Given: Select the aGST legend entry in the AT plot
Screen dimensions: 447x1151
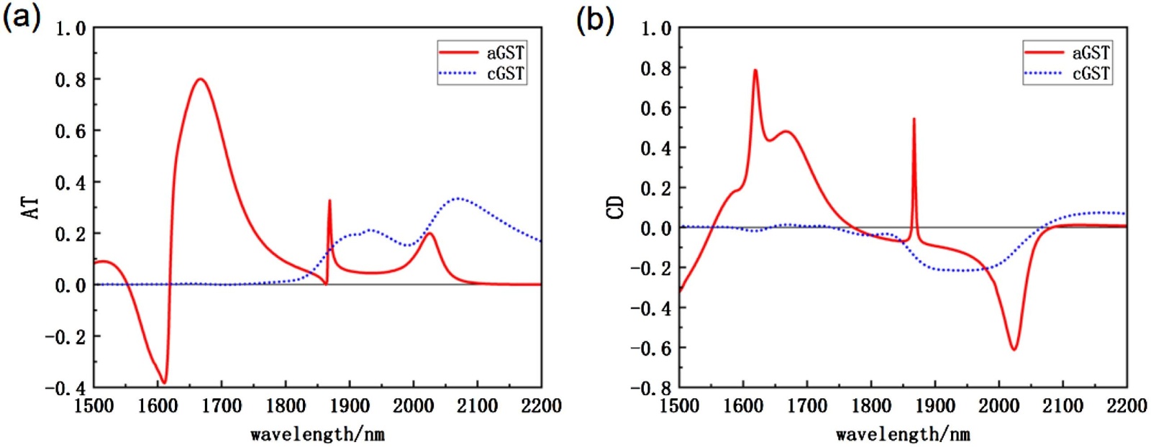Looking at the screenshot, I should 482,53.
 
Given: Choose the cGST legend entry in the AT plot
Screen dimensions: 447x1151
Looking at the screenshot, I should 482,73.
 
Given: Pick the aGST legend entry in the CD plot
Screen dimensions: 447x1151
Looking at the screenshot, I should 1068,53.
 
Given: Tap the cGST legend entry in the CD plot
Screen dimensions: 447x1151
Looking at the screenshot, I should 1068,73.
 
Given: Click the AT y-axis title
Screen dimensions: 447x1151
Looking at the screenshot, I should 31,208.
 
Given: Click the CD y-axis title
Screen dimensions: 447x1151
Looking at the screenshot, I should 616,208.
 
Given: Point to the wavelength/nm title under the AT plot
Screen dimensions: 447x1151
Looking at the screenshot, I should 317,434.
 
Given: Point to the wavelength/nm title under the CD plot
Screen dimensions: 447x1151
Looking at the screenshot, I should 903,434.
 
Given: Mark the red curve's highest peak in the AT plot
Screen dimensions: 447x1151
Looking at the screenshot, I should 200,79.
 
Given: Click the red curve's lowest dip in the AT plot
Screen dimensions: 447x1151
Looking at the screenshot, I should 164,382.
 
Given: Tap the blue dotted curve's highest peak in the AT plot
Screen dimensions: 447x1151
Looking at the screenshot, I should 458,198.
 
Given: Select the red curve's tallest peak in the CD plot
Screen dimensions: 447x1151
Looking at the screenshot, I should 755,70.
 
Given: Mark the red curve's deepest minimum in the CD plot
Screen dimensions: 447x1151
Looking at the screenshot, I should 1014,349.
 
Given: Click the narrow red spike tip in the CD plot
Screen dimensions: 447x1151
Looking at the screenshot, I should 914,119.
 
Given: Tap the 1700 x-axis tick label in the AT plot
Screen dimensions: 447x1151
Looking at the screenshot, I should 222,407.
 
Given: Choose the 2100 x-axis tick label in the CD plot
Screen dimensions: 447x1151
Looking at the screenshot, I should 1063,407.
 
